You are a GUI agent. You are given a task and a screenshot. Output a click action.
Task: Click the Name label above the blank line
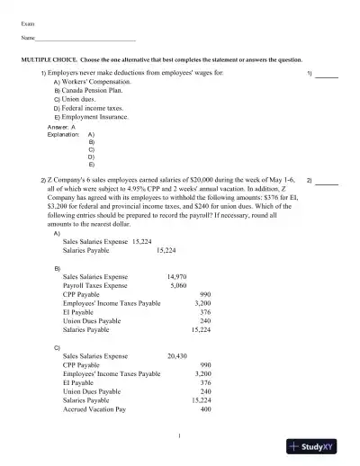pos(27,40)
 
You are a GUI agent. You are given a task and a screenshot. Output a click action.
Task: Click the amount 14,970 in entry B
pos(176,277)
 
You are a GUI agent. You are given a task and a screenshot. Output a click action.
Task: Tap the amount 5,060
pos(178,285)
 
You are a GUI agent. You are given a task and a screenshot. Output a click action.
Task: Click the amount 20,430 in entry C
pos(176,356)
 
